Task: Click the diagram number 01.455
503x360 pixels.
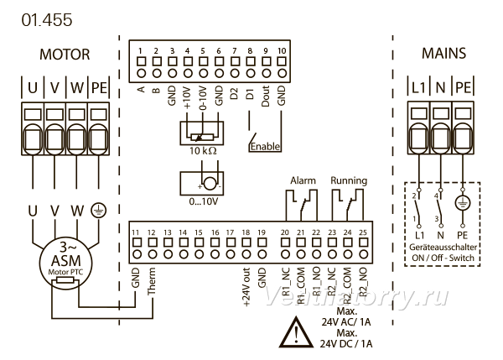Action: [x=47, y=20]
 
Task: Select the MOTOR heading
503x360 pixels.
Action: [x=65, y=55]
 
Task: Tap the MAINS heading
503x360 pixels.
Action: [x=443, y=54]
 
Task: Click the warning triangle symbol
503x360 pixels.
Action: [x=296, y=332]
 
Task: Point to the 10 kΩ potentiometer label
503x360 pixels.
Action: [x=203, y=150]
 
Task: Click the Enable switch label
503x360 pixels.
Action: [x=265, y=147]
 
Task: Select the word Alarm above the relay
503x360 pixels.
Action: [x=303, y=180]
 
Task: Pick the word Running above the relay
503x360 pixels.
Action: [x=349, y=180]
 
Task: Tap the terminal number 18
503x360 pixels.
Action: [x=246, y=232]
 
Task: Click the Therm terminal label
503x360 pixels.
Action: [x=152, y=281]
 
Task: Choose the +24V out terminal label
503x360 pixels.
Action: [x=246, y=287]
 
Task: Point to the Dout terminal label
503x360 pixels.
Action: [x=265, y=96]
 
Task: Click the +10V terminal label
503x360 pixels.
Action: [x=188, y=97]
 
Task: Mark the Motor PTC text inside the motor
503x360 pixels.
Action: [x=65, y=273]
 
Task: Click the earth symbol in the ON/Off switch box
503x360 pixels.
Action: [x=463, y=203]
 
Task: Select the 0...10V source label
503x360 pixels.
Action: [x=204, y=201]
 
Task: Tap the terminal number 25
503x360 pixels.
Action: [x=363, y=232]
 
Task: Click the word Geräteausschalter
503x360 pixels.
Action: [x=443, y=248]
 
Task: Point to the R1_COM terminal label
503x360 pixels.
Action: [x=301, y=286]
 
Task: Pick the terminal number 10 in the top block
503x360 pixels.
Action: [x=282, y=50]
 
